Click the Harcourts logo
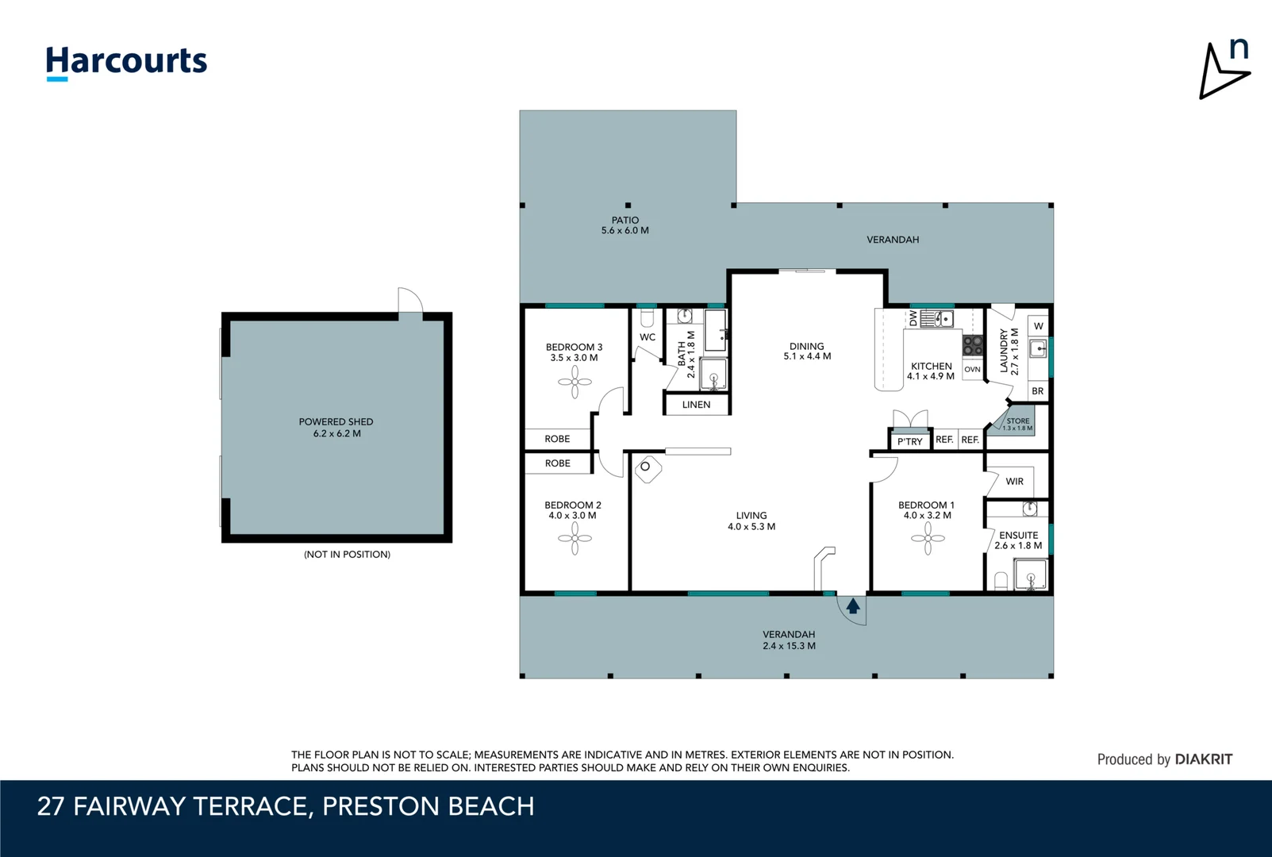coord(126,62)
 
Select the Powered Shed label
coord(336,428)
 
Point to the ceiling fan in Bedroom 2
coord(575,539)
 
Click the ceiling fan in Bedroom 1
coord(928,539)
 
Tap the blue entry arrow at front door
coord(853,606)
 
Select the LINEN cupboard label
coord(696,405)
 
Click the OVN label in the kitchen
coord(972,370)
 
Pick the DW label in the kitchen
coord(913,318)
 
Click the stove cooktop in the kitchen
coord(973,345)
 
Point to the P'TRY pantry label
coord(910,442)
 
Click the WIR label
coord(1014,482)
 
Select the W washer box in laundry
coord(1038,326)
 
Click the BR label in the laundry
coord(1037,391)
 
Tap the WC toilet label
coord(648,337)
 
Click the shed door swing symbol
coord(410,302)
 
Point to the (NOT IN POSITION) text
coord(347,555)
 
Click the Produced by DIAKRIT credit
coord(1164,759)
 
